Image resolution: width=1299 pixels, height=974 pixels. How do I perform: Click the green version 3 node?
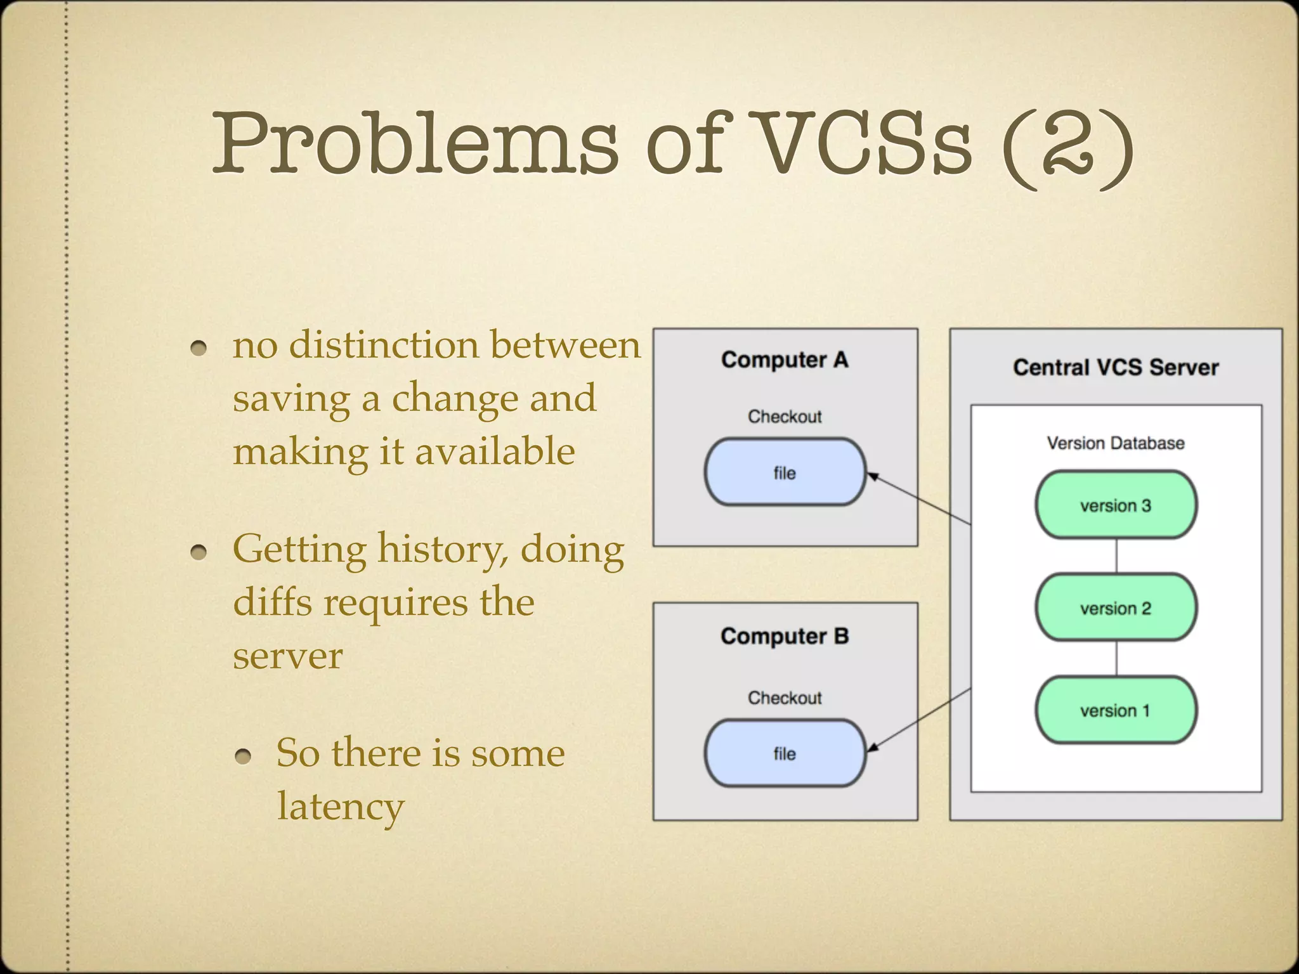click(x=1116, y=505)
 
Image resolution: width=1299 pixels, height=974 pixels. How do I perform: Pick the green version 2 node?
click(x=1116, y=608)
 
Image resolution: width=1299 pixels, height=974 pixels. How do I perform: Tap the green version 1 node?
click(x=1116, y=710)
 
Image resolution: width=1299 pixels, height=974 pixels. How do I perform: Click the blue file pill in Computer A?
click(x=785, y=472)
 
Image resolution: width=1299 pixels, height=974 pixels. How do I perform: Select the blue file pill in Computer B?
click(x=785, y=753)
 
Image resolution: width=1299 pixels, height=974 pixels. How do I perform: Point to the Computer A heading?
click(x=785, y=360)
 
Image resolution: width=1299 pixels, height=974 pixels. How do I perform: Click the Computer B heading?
click(x=785, y=636)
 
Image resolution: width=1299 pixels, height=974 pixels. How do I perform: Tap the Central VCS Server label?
click(x=1116, y=367)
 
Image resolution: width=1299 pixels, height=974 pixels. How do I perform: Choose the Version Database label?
click(x=1116, y=443)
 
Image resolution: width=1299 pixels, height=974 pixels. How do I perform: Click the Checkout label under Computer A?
click(x=785, y=417)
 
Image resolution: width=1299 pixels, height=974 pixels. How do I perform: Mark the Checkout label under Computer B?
click(x=785, y=698)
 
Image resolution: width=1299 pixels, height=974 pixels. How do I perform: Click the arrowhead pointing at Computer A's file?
click(x=873, y=476)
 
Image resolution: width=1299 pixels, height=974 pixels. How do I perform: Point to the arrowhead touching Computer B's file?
click(x=873, y=748)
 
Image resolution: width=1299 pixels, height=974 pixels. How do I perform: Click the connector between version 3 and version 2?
click(x=1116, y=556)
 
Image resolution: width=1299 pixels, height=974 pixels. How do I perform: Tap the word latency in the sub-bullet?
click(x=341, y=807)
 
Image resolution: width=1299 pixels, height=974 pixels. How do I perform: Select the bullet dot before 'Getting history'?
click(x=199, y=552)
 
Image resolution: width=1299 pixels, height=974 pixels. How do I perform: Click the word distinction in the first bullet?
click(x=384, y=346)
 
